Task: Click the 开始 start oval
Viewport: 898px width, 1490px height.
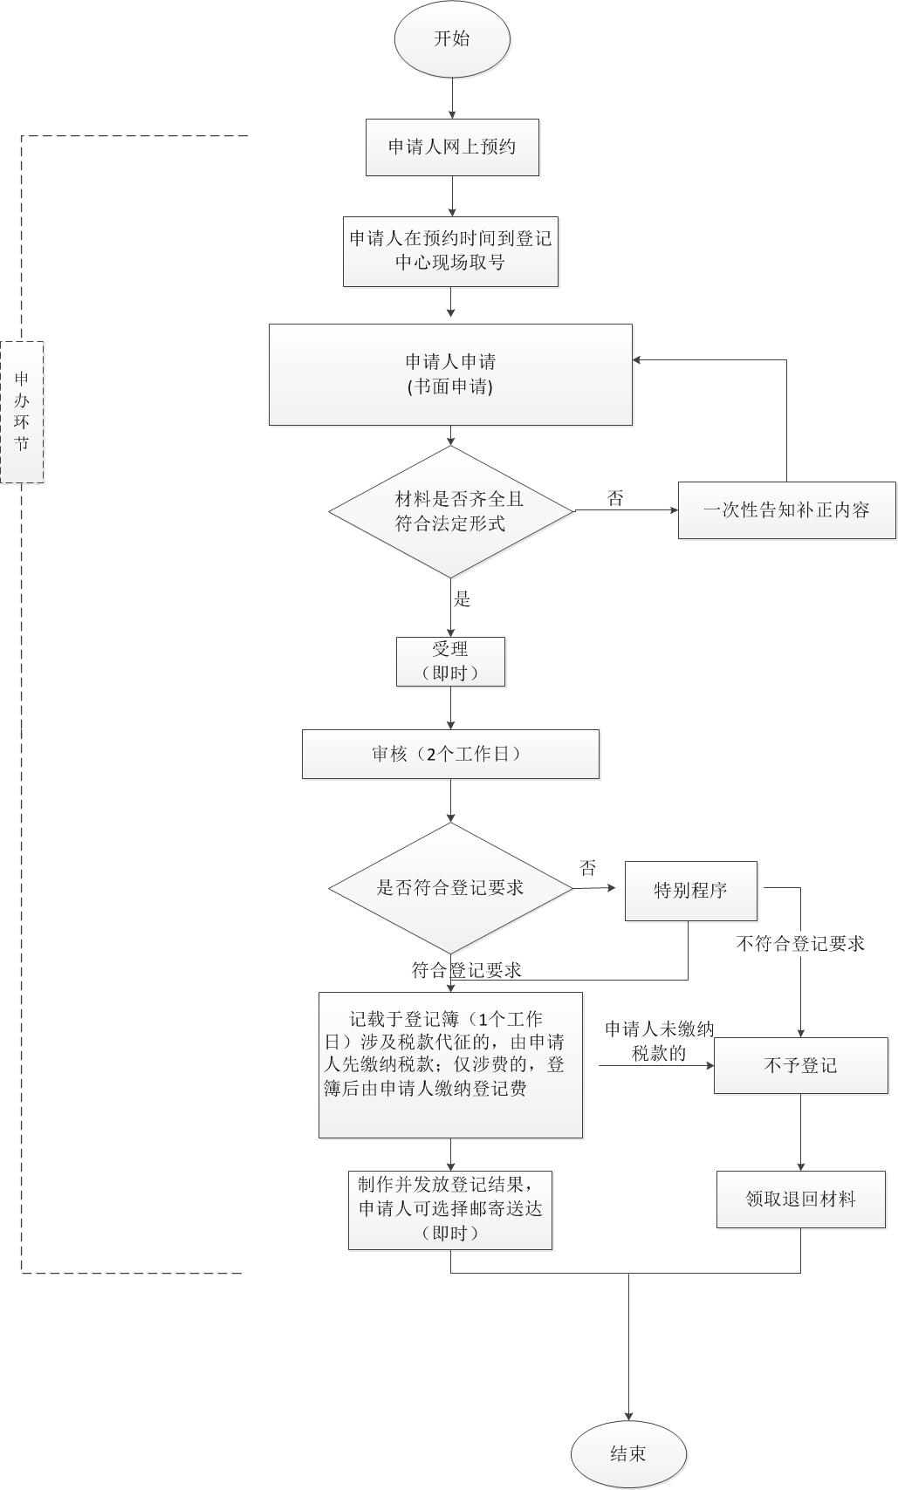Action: click(452, 39)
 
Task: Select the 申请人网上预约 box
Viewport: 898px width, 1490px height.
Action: click(452, 147)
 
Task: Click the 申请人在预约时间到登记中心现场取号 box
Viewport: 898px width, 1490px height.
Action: click(450, 251)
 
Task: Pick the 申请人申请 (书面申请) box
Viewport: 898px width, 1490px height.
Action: click(450, 374)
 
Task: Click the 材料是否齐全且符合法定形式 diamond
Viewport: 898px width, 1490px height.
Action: click(451, 511)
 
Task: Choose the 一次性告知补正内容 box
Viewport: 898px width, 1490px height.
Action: click(786, 510)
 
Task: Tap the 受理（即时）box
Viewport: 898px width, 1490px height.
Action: click(450, 661)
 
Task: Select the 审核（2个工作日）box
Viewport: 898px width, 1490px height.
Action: click(450, 754)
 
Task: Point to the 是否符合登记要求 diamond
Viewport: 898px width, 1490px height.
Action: click(450, 888)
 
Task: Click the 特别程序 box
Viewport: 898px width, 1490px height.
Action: click(690, 891)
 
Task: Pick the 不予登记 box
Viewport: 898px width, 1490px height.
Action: click(800, 1065)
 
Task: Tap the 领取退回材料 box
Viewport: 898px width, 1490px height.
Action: click(800, 1200)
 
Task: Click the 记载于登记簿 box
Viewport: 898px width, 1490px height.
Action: click(450, 1064)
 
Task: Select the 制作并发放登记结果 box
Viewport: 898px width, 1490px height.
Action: click(450, 1209)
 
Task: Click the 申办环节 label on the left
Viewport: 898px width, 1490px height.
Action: click(22, 412)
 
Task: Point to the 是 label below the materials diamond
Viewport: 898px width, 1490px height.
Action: click(463, 598)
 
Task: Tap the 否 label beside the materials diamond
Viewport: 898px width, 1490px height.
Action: click(615, 498)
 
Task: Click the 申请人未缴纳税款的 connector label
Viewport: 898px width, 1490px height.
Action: click(659, 1041)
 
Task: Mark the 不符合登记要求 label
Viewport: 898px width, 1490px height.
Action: click(800, 944)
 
